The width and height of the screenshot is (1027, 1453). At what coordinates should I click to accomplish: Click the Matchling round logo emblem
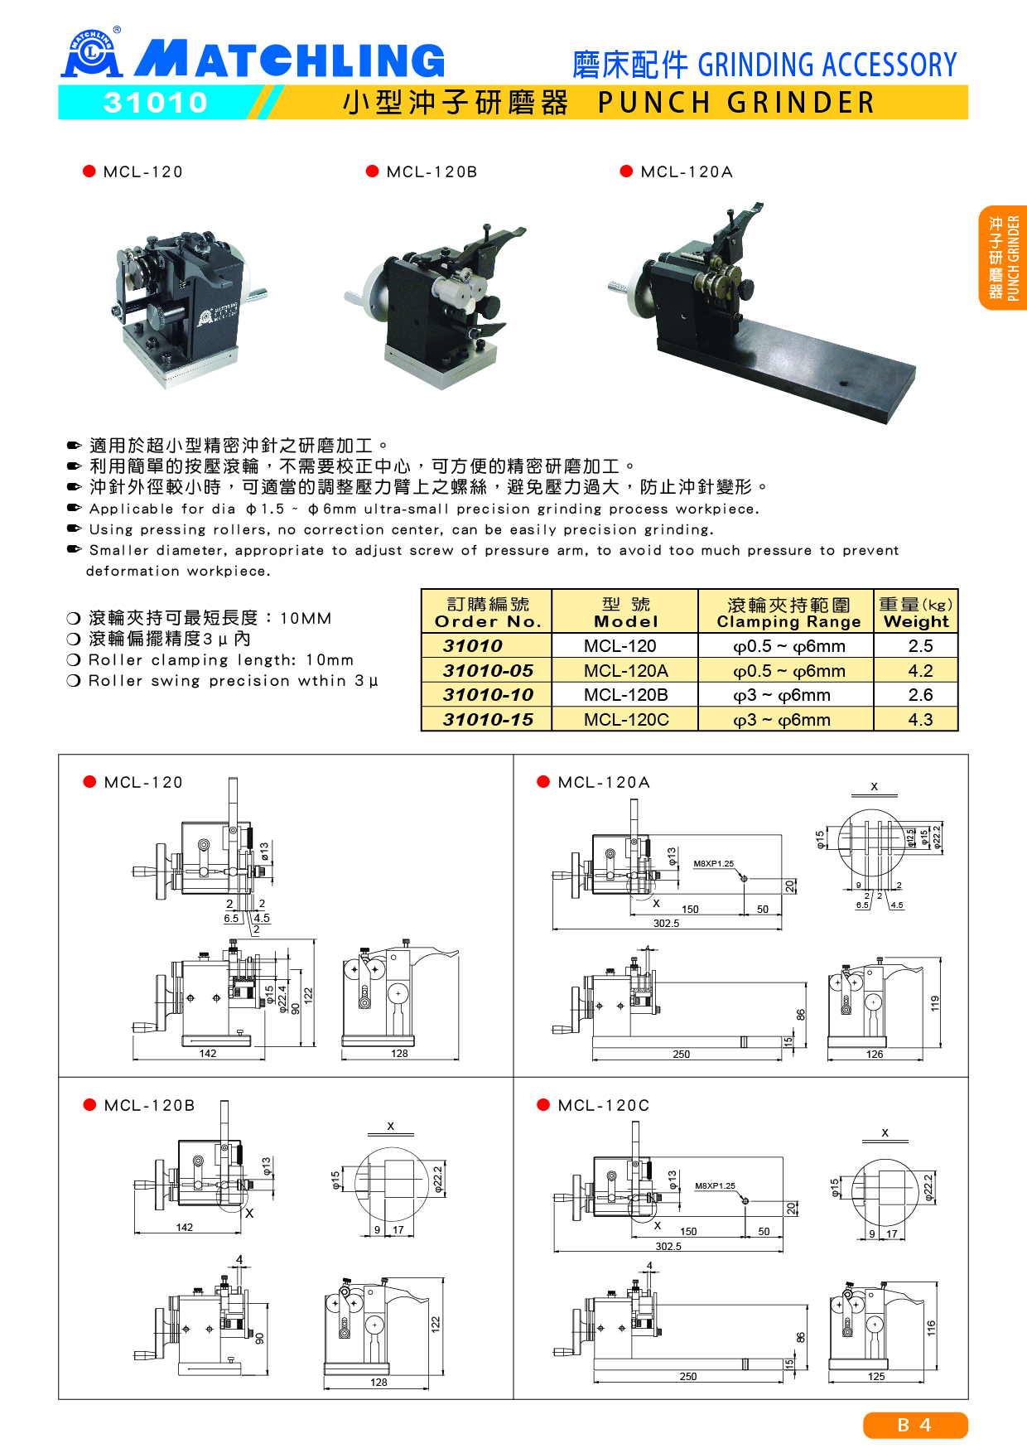[x=92, y=54]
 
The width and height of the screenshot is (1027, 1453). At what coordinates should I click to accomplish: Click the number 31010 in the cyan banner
[x=156, y=103]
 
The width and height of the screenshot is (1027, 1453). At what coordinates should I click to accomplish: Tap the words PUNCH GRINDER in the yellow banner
[x=736, y=103]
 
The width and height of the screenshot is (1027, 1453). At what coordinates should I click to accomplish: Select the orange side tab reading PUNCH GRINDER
[x=1003, y=258]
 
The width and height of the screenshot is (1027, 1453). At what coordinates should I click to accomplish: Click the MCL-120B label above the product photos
[x=432, y=172]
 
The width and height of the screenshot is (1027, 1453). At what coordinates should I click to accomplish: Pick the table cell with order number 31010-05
[x=487, y=670]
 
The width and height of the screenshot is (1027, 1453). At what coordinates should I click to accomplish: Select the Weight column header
[x=916, y=612]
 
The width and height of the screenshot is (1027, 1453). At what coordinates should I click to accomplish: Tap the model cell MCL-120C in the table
[x=626, y=720]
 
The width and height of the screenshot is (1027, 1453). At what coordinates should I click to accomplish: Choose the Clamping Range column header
[x=788, y=612]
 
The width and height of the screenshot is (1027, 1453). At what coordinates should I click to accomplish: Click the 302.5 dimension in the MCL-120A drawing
[x=666, y=923]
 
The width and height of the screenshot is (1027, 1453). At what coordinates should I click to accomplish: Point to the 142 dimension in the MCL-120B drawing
[x=185, y=1227]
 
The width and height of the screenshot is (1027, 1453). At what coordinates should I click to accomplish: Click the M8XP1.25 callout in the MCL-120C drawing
[x=715, y=1185]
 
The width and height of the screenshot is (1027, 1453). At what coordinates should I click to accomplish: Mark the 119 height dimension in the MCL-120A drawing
[x=935, y=1003]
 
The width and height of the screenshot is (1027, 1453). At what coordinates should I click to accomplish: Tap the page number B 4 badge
[x=915, y=1425]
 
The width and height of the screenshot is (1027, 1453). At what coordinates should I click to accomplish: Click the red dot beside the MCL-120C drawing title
[x=543, y=1104]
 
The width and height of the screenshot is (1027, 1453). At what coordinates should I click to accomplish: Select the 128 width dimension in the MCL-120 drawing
[x=399, y=1054]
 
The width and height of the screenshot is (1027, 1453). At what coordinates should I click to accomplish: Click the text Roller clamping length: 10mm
[x=221, y=660]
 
